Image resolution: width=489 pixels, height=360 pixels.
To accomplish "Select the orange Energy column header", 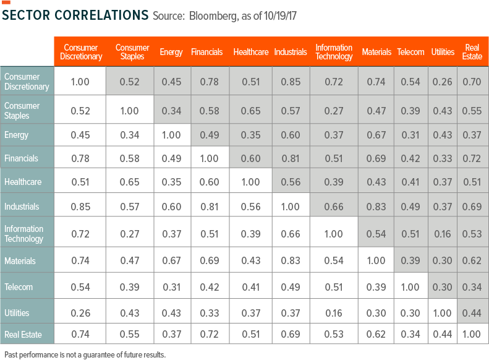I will coord(171,52).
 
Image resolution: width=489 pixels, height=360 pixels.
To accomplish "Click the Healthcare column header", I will coord(250,52).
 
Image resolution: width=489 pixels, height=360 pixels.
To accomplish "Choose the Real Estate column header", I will coord(472,52).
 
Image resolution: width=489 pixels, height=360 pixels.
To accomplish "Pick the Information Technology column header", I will coord(334,52).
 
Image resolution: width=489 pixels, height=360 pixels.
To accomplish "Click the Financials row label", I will coord(21,158).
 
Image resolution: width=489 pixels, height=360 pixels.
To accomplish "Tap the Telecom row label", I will coord(19,287).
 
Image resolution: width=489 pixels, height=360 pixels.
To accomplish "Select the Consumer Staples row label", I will coord(22,111).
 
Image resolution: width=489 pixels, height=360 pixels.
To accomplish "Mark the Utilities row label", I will coord(17,313).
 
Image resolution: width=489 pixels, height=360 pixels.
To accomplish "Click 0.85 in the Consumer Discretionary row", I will coord(291,82).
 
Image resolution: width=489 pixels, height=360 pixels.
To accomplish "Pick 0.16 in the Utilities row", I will coord(334,313).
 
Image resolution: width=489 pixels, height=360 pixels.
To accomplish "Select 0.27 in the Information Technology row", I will coord(132,234).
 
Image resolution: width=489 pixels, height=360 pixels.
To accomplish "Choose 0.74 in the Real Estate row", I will coord(81,335).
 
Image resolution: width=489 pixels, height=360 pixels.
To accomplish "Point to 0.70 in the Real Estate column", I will coord(472,82).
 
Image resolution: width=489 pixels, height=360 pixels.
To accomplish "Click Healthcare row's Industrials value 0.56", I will coord(291,182).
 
